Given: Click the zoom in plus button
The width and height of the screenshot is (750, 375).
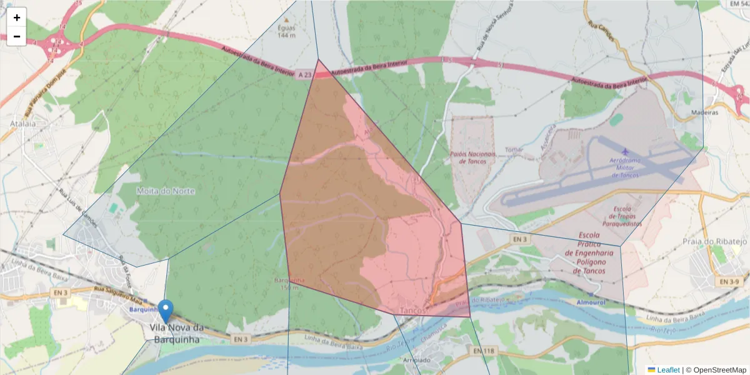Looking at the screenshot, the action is tap(17, 17).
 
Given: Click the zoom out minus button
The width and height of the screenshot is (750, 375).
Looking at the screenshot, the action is tap(17, 36).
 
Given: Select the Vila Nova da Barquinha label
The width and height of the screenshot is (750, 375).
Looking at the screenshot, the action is tap(177, 334).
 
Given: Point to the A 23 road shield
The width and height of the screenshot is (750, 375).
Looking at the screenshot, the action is tap(304, 75).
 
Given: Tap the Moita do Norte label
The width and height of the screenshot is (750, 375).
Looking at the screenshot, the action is tap(166, 191).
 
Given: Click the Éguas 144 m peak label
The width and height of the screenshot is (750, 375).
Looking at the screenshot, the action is tap(287, 31).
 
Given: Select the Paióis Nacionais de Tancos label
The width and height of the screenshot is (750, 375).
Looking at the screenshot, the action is tap(472, 157).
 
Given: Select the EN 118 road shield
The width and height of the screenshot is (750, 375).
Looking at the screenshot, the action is tap(484, 351).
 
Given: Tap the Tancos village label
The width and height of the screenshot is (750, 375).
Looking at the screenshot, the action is tap(412, 310).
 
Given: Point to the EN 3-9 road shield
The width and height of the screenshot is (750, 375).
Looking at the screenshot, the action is tap(728, 282).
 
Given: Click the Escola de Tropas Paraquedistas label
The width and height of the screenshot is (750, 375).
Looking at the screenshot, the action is tap(622, 216).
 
